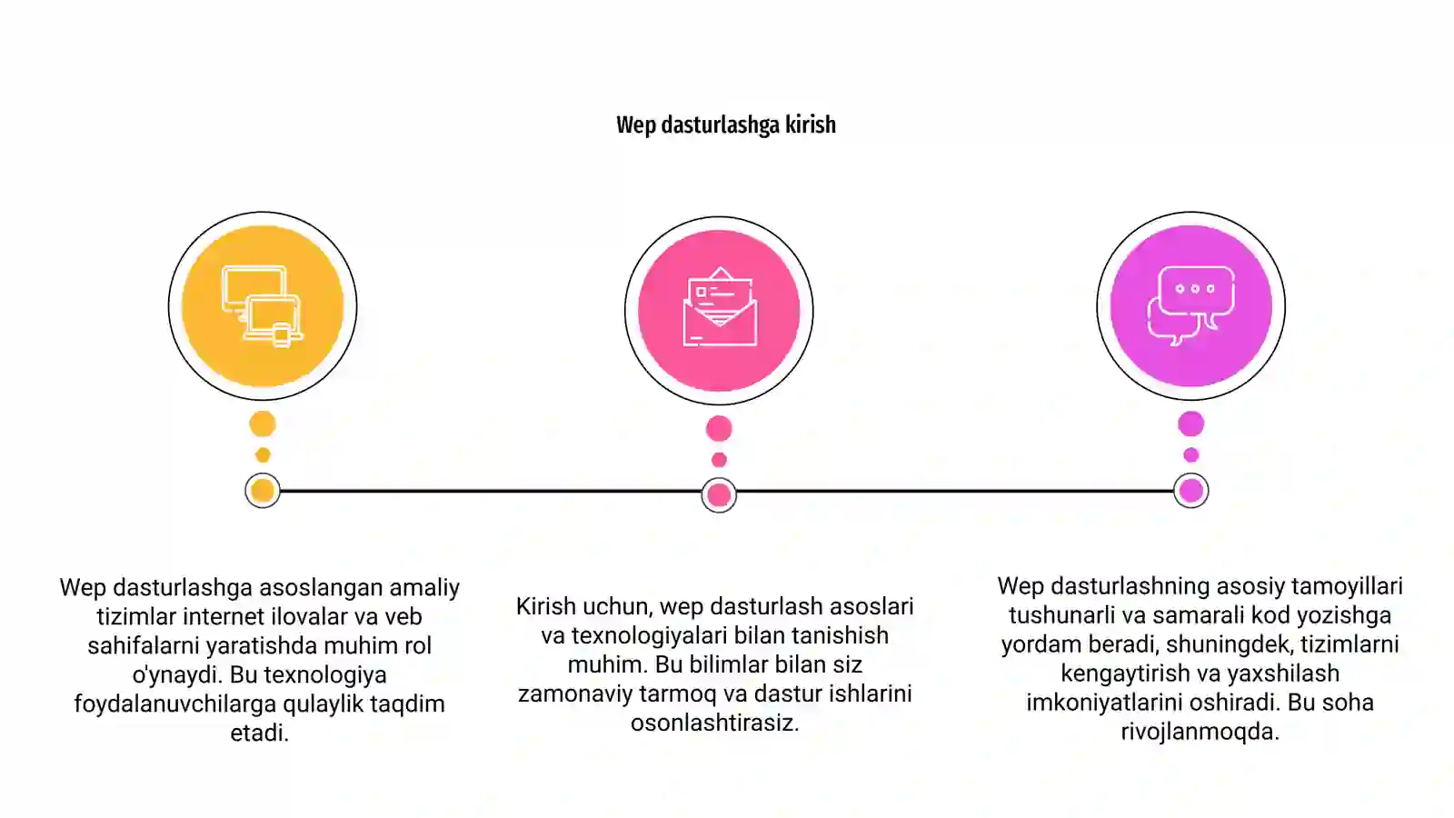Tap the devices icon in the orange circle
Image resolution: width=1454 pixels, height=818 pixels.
click(263, 306)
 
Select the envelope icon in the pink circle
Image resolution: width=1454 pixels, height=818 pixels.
click(719, 306)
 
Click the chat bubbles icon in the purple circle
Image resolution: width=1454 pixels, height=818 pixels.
click(1191, 305)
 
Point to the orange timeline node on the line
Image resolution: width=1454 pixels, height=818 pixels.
click(263, 491)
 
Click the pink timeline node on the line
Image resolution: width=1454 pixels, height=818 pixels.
click(719, 495)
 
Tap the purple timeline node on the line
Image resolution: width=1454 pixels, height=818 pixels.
click(1191, 491)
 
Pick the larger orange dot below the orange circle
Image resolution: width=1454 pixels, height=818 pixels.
click(263, 424)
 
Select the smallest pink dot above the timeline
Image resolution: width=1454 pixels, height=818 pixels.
click(719, 460)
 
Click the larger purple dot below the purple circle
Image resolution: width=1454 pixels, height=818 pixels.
click(1191, 424)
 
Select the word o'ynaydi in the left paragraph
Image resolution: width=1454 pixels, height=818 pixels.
click(177, 675)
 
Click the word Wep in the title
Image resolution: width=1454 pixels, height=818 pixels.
click(636, 125)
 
